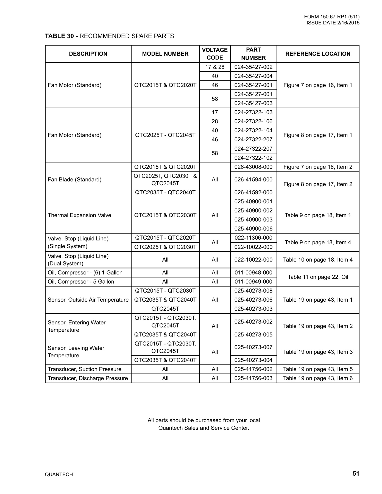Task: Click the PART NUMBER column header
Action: point(253,54)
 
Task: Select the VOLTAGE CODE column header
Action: point(215,54)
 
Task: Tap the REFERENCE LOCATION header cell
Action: point(318,54)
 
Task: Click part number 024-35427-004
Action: point(253,76)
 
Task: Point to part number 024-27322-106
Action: point(253,121)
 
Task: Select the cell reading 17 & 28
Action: point(215,67)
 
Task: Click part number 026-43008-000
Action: point(253,167)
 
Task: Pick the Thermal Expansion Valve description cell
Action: point(79,215)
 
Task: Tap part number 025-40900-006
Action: point(253,229)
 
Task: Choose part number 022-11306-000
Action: point(253,238)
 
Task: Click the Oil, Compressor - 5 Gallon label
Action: point(81,282)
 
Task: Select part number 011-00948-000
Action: point(253,273)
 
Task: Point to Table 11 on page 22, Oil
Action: point(318,277)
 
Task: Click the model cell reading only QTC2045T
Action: point(165,309)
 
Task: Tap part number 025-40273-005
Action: point(253,335)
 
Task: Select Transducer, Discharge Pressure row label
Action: point(88,378)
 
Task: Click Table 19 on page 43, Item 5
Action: point(318,369)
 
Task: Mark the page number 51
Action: point(356,473)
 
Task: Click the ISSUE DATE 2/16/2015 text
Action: point(333,23)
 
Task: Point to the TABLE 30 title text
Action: point(109,36)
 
